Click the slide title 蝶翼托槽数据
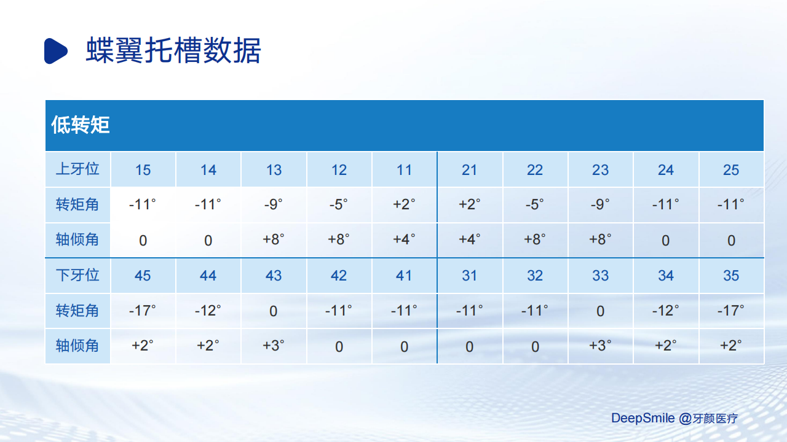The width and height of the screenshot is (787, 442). (173, 50)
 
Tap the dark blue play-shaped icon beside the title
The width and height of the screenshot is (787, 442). (56, 51)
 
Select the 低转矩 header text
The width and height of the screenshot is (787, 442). (81, 125)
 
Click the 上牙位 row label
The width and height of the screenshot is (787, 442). (77, 169)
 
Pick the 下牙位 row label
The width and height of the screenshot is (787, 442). (77, 275)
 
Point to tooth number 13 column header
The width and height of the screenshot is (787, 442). (274, 170)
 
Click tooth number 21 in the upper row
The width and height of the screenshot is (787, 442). (469, 170)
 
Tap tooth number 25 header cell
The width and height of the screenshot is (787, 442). (731, 170)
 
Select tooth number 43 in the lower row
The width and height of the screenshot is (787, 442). (274, 276)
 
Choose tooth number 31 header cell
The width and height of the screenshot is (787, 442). (469, 276)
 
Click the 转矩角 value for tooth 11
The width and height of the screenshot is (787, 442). (404, 204)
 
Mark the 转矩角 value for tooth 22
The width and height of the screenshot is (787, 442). (535, 204)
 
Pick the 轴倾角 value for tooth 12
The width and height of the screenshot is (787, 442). (339, 239)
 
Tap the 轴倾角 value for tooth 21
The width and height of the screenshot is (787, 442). (469, 239)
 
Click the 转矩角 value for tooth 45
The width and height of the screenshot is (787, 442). (142, 311)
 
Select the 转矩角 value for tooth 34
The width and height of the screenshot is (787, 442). (665, 311)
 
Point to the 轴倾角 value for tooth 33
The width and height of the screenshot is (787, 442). (600, 346)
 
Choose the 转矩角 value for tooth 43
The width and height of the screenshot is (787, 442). (274, 311)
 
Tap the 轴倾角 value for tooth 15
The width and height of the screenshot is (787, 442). (143, 241)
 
